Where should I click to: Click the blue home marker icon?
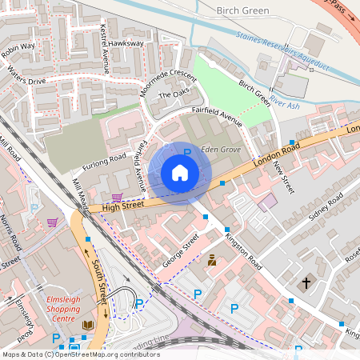pos(180,173)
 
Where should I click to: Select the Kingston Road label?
pos(243,251)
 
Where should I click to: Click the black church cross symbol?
pos(305,283)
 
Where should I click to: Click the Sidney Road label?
pos(318,207)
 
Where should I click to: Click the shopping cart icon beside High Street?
pos(117,197)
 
